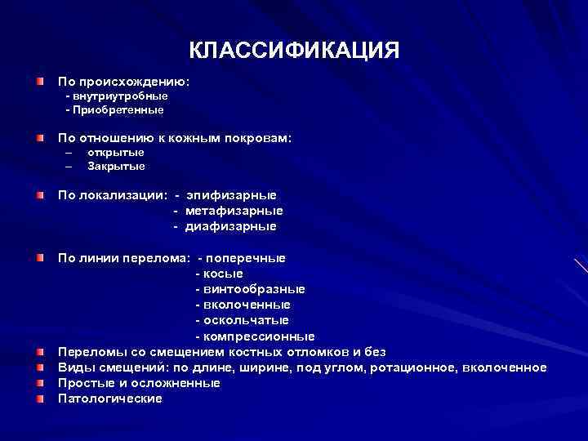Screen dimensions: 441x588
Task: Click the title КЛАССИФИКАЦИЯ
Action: (294, 51)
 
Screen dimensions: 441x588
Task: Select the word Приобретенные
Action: (118, 109)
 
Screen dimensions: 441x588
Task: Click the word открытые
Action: (115, 152)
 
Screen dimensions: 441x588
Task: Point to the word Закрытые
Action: (116, 166)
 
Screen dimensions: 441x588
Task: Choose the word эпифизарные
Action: (231, 195)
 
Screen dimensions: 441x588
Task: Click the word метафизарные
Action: (234, 211)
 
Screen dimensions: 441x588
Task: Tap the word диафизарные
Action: (230, 226)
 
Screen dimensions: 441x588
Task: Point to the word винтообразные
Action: (254, 289)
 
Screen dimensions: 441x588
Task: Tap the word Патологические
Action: (110, 398)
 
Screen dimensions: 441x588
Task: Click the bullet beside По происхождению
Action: (40, 82)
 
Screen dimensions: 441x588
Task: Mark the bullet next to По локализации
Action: (40, 196)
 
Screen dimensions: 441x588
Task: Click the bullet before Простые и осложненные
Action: (40, 382)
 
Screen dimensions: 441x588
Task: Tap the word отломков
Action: (313, 351)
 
